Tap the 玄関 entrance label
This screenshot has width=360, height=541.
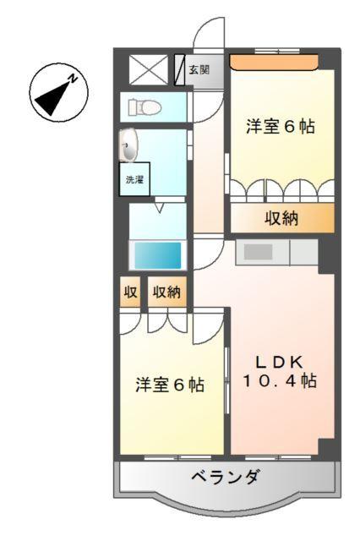coord(199,70)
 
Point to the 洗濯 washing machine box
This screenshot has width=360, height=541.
coord(135,179)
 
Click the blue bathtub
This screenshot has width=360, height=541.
coord(155,254)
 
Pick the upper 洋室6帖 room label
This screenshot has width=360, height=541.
coord(281,127)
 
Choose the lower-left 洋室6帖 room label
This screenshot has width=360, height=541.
coord(170,384)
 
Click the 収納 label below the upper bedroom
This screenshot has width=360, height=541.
coord(282,218)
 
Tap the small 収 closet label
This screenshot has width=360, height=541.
coord(130,292)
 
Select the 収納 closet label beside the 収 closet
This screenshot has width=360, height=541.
coord(166,292)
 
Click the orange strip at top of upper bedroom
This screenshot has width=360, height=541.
coord(274,61)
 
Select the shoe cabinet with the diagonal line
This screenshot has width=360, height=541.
coord(179,70)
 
